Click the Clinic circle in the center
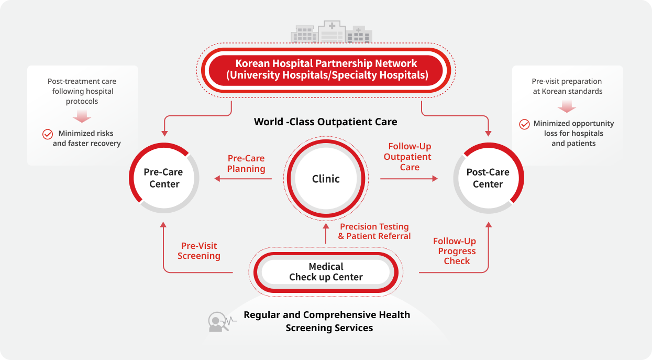coord(326,179)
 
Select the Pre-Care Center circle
coord(164,178)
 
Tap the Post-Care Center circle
coord(488,178)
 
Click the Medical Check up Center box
coord(326,272)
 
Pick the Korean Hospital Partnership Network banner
coord(326,70)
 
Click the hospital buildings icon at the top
coord(331,32)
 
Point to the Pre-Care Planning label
coord(246,163)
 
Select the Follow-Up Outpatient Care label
coord(409,157)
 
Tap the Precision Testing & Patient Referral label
coord(374,231)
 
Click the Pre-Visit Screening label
coord(198,250)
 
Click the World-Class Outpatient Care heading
coord(325,122)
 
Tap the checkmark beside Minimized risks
coord(48,134)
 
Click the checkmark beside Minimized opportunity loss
coord(524,124)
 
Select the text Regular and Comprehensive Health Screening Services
coord(327,321)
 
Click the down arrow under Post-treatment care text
coord(82,115)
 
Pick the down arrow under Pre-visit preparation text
coord(567,106)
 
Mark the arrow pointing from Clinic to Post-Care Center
coord(409,179)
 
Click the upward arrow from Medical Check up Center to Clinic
coord(326,234)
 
